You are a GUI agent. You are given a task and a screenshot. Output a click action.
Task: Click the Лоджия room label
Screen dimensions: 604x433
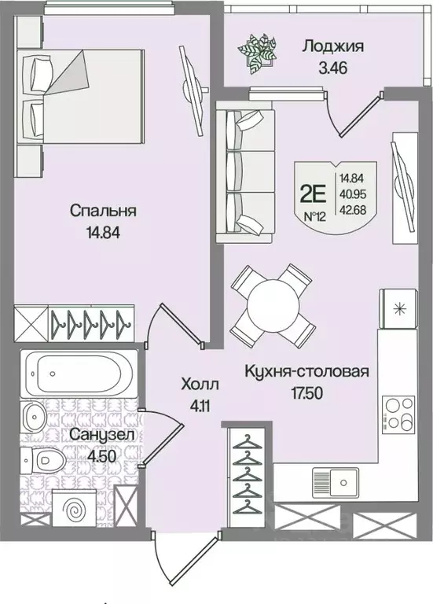332,46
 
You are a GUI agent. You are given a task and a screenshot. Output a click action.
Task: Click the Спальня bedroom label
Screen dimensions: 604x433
103,211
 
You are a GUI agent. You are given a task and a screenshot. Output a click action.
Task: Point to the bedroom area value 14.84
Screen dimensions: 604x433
103,232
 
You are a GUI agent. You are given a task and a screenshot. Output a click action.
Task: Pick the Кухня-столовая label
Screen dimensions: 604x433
306,371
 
